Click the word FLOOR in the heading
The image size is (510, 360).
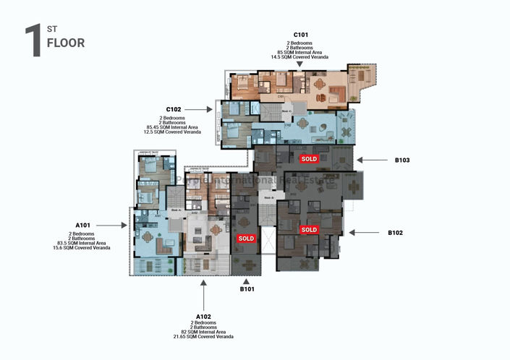click(65, 43)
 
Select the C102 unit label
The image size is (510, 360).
click(174, 109)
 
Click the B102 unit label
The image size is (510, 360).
click(395, 233)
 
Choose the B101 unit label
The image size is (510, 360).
click(247, 289)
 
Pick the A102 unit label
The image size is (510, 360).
click(205, 317)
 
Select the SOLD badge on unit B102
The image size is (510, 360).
click(309, 229)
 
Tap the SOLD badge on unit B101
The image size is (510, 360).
click(246, 238)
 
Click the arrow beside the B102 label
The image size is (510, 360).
click(364, 233)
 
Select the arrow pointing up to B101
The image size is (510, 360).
click(247, 280)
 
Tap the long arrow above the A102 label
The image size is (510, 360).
click(205, 295)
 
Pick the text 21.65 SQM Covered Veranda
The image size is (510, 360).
click(205, 337)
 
